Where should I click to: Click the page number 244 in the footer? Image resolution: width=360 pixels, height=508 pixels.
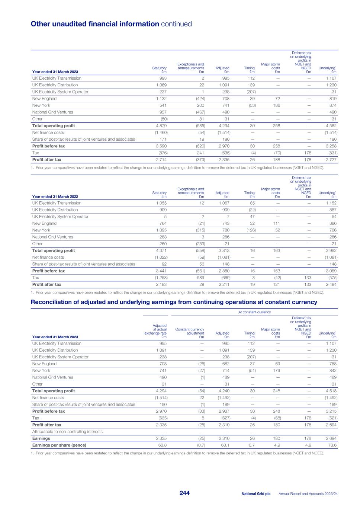184,493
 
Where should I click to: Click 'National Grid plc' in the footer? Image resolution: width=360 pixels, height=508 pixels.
256,493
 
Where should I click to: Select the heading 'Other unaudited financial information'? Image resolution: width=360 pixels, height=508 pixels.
95,24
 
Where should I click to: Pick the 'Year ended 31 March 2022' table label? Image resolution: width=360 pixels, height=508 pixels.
55,197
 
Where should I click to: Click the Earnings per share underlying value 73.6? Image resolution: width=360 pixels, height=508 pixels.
332,445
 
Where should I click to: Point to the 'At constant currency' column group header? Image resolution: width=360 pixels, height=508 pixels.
254,312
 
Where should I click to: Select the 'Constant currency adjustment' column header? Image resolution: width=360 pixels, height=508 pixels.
190,331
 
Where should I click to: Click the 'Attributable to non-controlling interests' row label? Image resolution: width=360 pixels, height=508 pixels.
67,432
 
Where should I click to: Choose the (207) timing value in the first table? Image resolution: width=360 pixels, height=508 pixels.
250,92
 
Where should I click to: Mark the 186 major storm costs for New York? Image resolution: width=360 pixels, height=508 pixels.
276,105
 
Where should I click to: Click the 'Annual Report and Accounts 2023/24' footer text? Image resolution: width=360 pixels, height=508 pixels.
308,493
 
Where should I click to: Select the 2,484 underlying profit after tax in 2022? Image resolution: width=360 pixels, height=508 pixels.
331,284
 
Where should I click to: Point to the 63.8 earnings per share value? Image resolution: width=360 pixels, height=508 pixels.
163,445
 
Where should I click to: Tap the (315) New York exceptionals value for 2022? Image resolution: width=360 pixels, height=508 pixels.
200,230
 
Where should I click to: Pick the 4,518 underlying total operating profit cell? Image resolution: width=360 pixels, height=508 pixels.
331,391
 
